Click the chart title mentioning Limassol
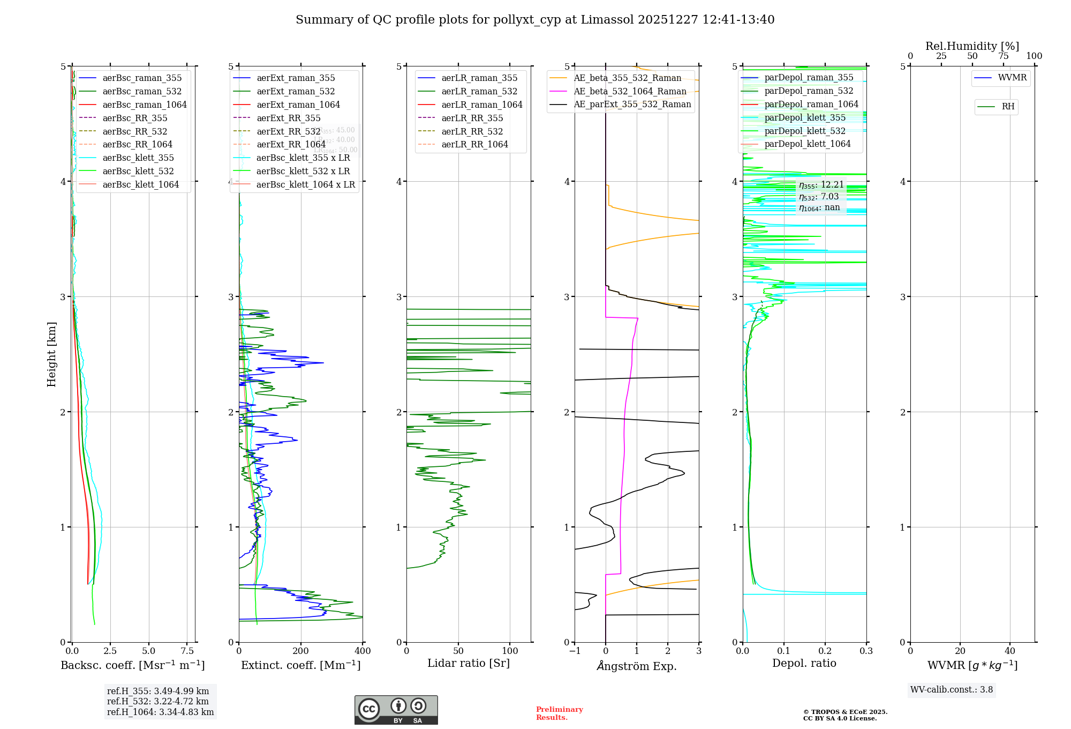535,20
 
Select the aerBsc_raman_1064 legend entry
144,105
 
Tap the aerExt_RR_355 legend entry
288,118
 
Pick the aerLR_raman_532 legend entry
479,92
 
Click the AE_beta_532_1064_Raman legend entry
630,92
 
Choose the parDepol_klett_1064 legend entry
807,144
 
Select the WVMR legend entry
1012,78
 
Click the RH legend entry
1008,107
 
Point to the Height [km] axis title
51,354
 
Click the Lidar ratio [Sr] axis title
469,664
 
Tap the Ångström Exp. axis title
637,666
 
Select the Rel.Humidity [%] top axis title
972,47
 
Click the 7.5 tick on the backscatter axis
187,651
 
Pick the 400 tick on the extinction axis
363,651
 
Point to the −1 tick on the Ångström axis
575,651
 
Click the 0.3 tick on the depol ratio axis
866,651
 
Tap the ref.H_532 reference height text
158,702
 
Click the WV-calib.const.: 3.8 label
952,690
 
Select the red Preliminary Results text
559,713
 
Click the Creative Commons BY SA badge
396,710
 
